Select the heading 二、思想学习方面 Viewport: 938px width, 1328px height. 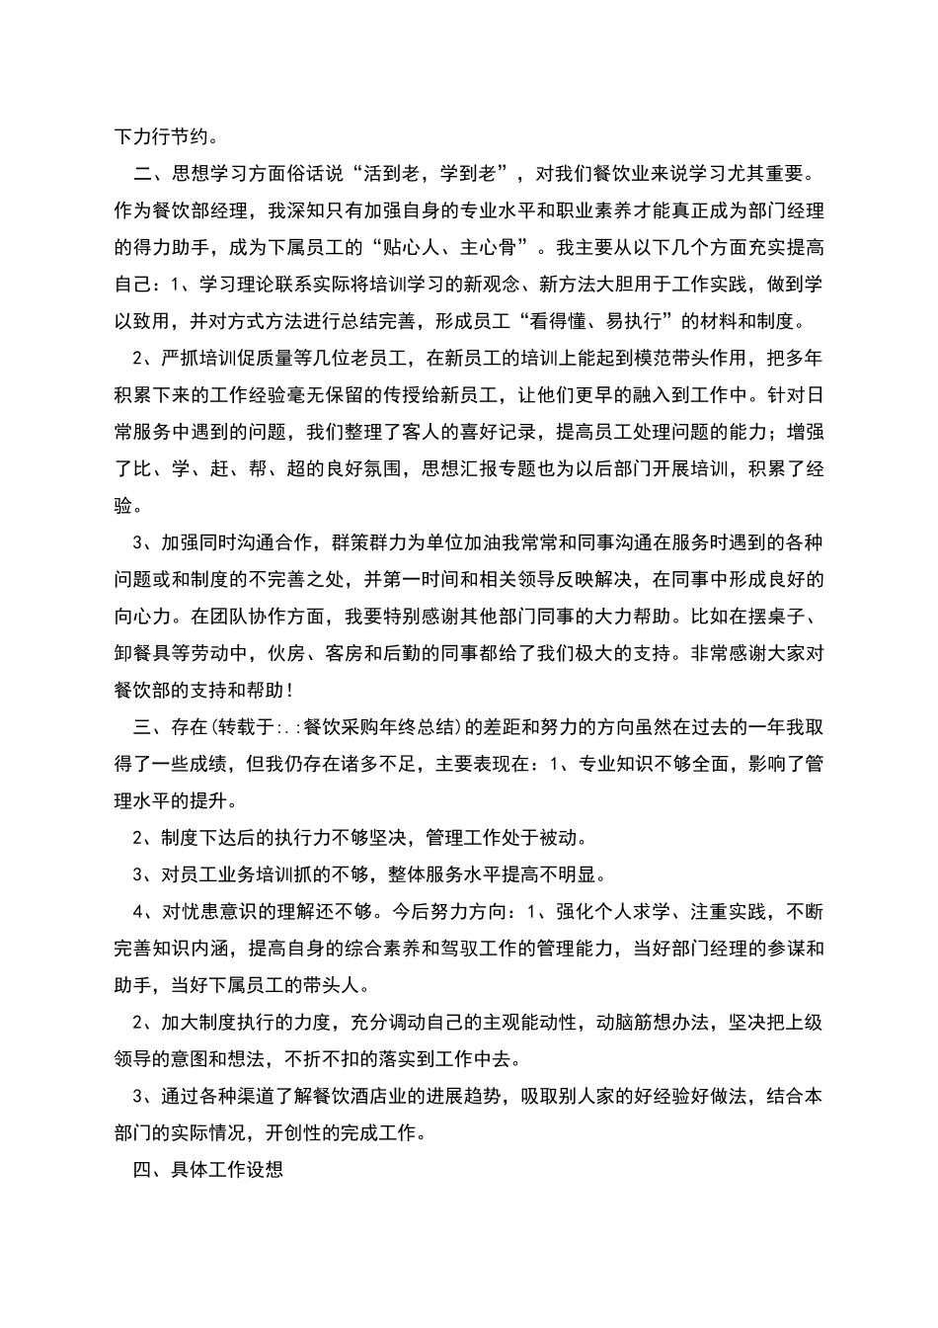point(208,175)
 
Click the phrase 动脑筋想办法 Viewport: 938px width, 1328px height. point(651,1021)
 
